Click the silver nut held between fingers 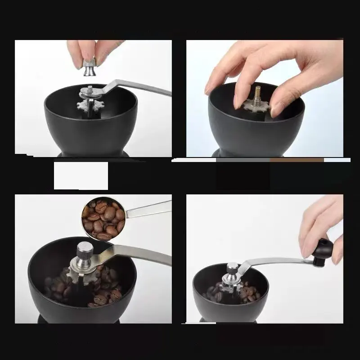pyautogui.click(x=89, y=66)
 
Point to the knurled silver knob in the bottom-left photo pyautogui.click(x=84, y=250)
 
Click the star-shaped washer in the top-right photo pyautogui.click(x=257, y=106)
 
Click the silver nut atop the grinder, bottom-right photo pyautogui.click(x=232, y=269)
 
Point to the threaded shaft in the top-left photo pyautogui.click(x=90, y=90)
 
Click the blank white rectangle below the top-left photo pyautogui.click(x=81, y=175)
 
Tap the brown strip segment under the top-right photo pyautogui.click(x=297, y=160)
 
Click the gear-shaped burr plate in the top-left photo pyautogui.click(x=88, y=106)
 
